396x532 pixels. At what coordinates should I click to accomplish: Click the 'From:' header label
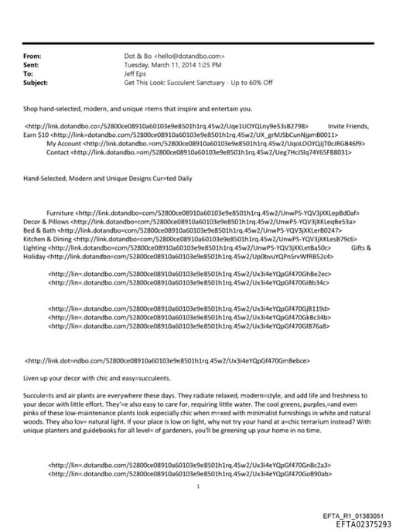click(x=32, y=56)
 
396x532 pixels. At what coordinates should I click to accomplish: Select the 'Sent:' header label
click(x=31, y=65)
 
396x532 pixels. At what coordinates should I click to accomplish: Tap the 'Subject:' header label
click(x=35, y=81)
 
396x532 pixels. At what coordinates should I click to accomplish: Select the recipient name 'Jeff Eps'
click(x=136, y=73)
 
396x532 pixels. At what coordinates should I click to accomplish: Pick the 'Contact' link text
click(x=57, y=152)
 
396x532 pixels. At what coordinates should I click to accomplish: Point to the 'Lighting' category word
click(x=34, y=247)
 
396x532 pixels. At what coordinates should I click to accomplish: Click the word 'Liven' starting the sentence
click(x=32, y=377)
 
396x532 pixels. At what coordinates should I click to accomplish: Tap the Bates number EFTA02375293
click(x=364, y=523)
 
